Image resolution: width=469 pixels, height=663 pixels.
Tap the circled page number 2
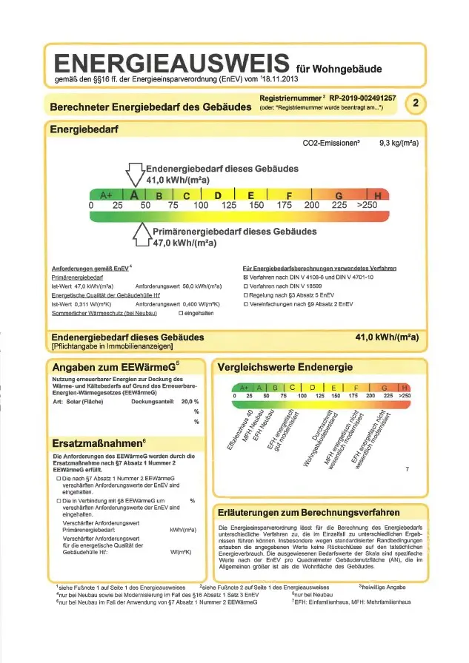click(x=416, y=104)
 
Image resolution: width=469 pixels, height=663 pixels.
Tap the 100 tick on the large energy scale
click(x=201, y=205)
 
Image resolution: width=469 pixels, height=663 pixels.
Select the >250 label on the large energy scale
click(x=367, y=205)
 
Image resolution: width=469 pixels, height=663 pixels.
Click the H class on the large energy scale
click(x=378, y=195)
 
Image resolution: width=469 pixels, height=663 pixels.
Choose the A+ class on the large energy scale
click(x=104, y=195)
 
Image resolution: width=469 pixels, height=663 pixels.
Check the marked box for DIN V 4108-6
click(x=245, y=277)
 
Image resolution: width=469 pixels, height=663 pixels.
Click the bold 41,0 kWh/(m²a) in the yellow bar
click(x=386, y=337)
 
